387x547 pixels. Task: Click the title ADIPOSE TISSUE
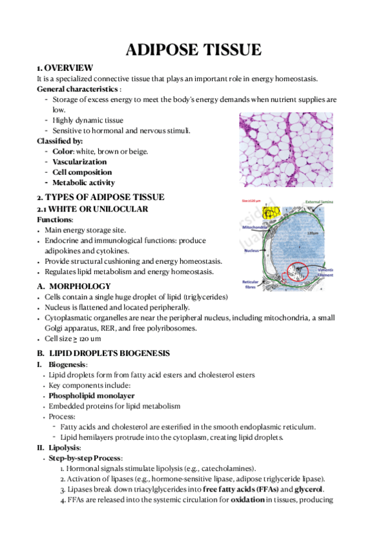point(193,49)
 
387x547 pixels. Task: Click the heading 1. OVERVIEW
point(65,68)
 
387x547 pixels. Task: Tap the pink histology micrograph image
point(285,150)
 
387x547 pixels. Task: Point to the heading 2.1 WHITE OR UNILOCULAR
point(92,209)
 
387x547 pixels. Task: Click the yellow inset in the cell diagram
point(269,212)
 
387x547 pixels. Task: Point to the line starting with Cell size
point(66,338)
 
